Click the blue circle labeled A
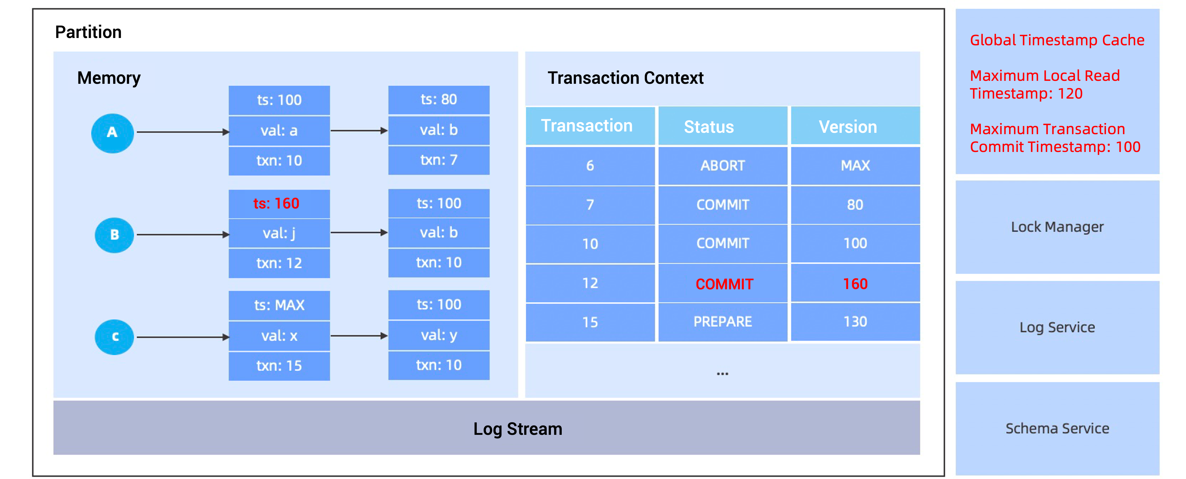tap(112, 133)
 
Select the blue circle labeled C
tap(114, 337)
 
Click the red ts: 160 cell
tap(279, 203)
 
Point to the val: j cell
tap(279, 233)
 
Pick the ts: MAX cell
tap(279, 305)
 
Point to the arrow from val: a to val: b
tap(359, 131)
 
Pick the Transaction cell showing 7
tap(590, 205)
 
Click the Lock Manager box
tap(1057, 227)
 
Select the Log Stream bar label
tap(518, 429)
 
